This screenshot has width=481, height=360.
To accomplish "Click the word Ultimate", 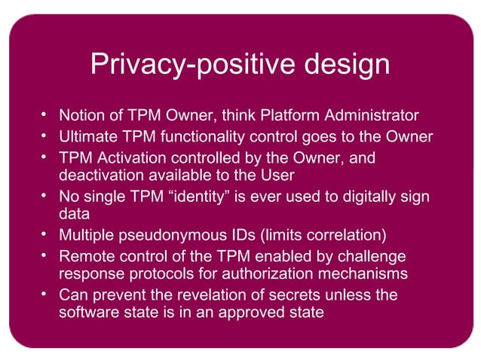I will [x=87, y=137].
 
